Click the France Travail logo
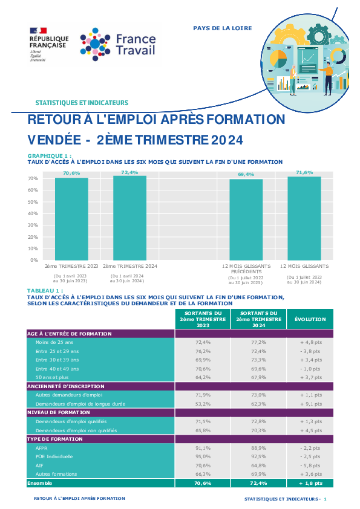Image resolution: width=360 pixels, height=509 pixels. coord(118,45)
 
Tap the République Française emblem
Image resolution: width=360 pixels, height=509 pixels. coord(49,45)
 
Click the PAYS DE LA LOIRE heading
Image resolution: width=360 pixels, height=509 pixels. coord(223,28)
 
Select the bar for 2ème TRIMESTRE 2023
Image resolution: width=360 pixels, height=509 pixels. coord(71,219)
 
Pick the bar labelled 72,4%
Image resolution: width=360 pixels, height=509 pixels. coord(129,218)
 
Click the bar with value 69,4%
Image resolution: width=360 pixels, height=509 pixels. coord(246,219)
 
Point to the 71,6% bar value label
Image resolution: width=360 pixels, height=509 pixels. coord(304,172)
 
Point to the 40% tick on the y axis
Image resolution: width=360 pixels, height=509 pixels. coord(33,213)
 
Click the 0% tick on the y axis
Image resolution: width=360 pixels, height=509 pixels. coord(34,260)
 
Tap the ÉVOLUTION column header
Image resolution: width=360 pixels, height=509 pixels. coord(310,319)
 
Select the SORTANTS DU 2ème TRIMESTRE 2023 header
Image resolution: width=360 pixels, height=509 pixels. coord(203,319)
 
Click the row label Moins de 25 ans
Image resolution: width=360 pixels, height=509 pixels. coord(54,342)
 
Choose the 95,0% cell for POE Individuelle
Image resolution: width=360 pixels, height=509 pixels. coord(203,456)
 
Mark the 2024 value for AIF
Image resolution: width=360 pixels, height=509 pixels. coord(258,465)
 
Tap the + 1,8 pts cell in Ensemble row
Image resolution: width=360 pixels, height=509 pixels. coord(310,483)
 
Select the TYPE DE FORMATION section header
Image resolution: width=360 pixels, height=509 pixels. coord(55,439)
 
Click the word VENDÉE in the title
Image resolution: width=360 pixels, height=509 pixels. coord(54,140)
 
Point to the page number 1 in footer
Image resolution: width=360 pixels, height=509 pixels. coord(326,499)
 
